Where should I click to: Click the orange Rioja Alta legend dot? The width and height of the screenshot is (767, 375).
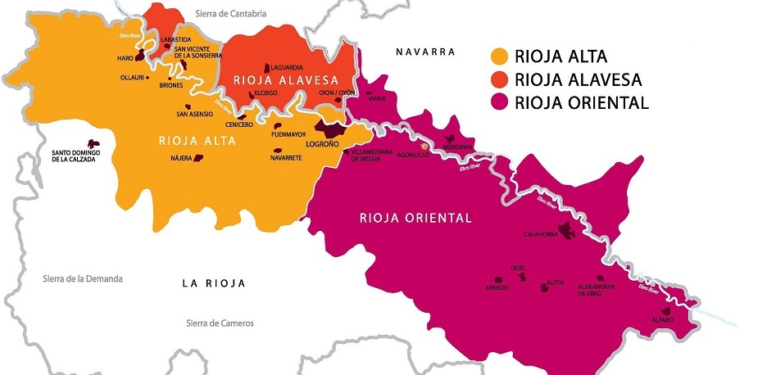[x=499, y=57]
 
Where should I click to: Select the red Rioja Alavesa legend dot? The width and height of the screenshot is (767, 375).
[x=499, y=80]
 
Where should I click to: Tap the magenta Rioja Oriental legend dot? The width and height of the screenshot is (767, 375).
[x=499, y=103]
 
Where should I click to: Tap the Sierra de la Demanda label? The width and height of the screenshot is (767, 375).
[x=83, y=279]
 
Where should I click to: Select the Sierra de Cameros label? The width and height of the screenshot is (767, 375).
[x=220, y=323]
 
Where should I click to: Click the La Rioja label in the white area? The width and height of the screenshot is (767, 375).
[x=214, y=283]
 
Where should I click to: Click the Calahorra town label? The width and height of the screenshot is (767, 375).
[x=541, y=235]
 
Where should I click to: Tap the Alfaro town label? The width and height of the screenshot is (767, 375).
[x=662, y=319]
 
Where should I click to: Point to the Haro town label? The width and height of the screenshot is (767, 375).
[x=125, y=58]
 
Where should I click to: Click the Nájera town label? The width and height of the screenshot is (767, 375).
[x=180, y=157]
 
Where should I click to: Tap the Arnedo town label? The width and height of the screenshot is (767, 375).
[x=497, y=288]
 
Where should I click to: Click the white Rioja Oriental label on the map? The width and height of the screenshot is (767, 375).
[x=415, y=219]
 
